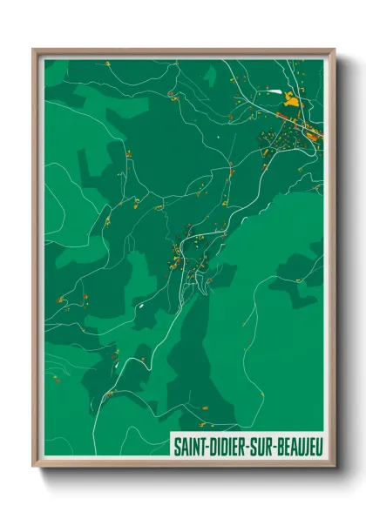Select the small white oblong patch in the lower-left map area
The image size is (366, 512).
coord(138,306)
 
